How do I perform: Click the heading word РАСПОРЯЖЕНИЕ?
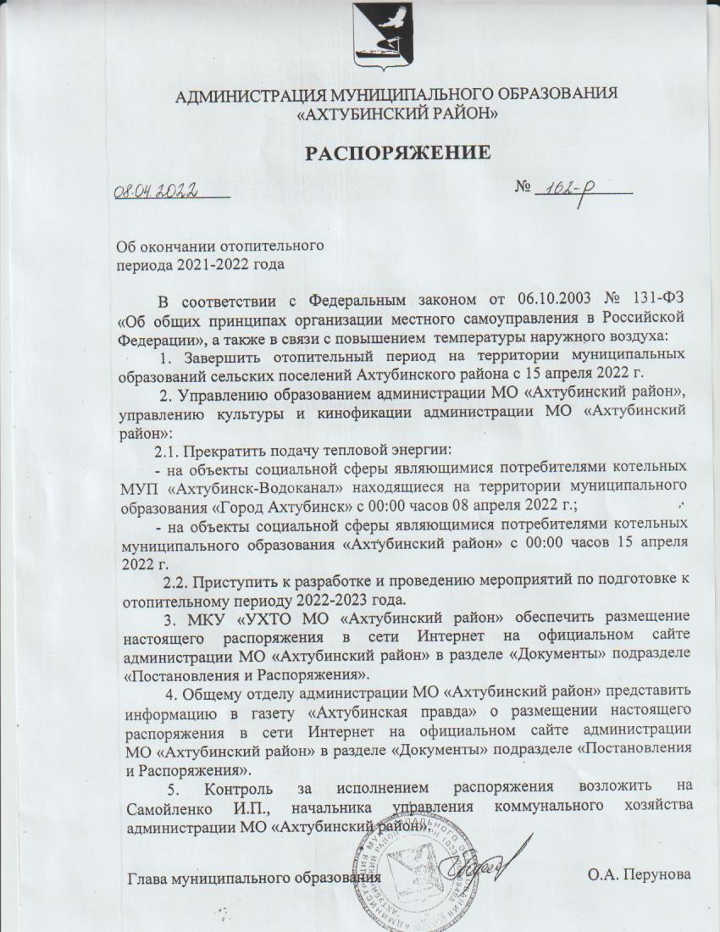pyautogui.click(x=398, y=153)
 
